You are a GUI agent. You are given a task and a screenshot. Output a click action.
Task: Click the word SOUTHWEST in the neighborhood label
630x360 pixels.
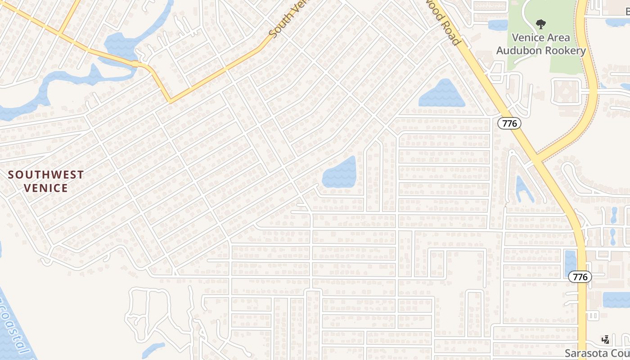(x=46, y=175)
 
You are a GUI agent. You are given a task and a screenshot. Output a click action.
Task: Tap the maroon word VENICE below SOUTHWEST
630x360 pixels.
(x=46, y=188)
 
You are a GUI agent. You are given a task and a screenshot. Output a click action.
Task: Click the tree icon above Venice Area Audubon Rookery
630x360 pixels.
(x=541, y=24)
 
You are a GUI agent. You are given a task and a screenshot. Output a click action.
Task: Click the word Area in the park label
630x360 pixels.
(x=558, y=38)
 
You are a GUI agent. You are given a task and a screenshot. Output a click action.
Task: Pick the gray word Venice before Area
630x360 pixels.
(x=527, y=38)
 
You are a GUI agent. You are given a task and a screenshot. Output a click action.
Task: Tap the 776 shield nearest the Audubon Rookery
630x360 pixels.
(x=509, y=123)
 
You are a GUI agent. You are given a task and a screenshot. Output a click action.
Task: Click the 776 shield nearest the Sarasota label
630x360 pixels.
(x=580, y=277)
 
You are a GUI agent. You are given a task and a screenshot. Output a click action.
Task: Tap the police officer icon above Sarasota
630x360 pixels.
(x=606, y=339)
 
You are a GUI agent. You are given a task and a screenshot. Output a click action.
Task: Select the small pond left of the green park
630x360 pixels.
(x=498, y=25)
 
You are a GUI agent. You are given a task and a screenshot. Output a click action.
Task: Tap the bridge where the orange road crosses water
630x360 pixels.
(x=135, y=64)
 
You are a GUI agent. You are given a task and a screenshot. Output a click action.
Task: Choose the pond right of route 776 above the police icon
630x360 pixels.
(x=616, y=299)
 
